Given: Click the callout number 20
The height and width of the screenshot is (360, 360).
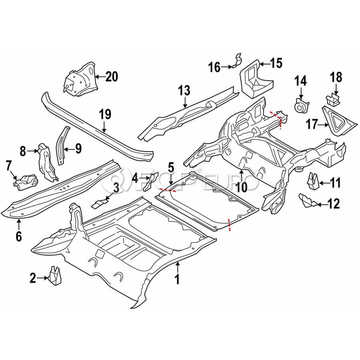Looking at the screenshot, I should (x=112, y=76).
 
